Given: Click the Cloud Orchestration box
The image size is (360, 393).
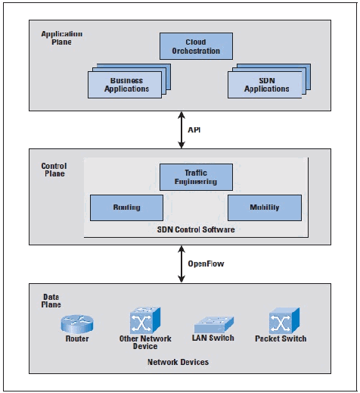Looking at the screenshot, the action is point(196,46).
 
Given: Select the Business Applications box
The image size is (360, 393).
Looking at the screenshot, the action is point(125,85).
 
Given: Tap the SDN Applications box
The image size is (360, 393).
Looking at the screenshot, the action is point(265,85).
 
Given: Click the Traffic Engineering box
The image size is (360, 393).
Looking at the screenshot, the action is point(196,177).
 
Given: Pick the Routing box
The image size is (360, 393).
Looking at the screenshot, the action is point(126,207).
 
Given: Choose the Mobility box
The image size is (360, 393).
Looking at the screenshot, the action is point(265,207).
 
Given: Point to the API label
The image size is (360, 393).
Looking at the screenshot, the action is point(194,129).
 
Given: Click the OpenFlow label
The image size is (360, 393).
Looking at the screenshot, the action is point(206,264).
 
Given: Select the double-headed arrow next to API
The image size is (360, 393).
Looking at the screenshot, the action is point(182,130).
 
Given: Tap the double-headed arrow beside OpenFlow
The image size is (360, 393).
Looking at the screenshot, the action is point(182,264).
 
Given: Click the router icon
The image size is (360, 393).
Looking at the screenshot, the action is point(77,324).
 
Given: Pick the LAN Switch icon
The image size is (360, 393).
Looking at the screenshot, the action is point(214,325).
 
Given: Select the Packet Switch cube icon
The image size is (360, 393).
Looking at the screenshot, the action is point(284,320).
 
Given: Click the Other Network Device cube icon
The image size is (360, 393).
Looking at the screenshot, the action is point(145,320).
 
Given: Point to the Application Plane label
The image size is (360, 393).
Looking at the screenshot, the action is point(62,38).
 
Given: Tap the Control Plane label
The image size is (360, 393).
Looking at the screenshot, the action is point(54,170).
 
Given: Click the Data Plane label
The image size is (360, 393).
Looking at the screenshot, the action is point(51,301).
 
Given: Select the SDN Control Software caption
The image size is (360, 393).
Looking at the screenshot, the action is point(196,229).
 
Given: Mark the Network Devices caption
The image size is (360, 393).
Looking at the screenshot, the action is point(178,362).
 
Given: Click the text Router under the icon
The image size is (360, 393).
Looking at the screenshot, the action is point(77,338).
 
